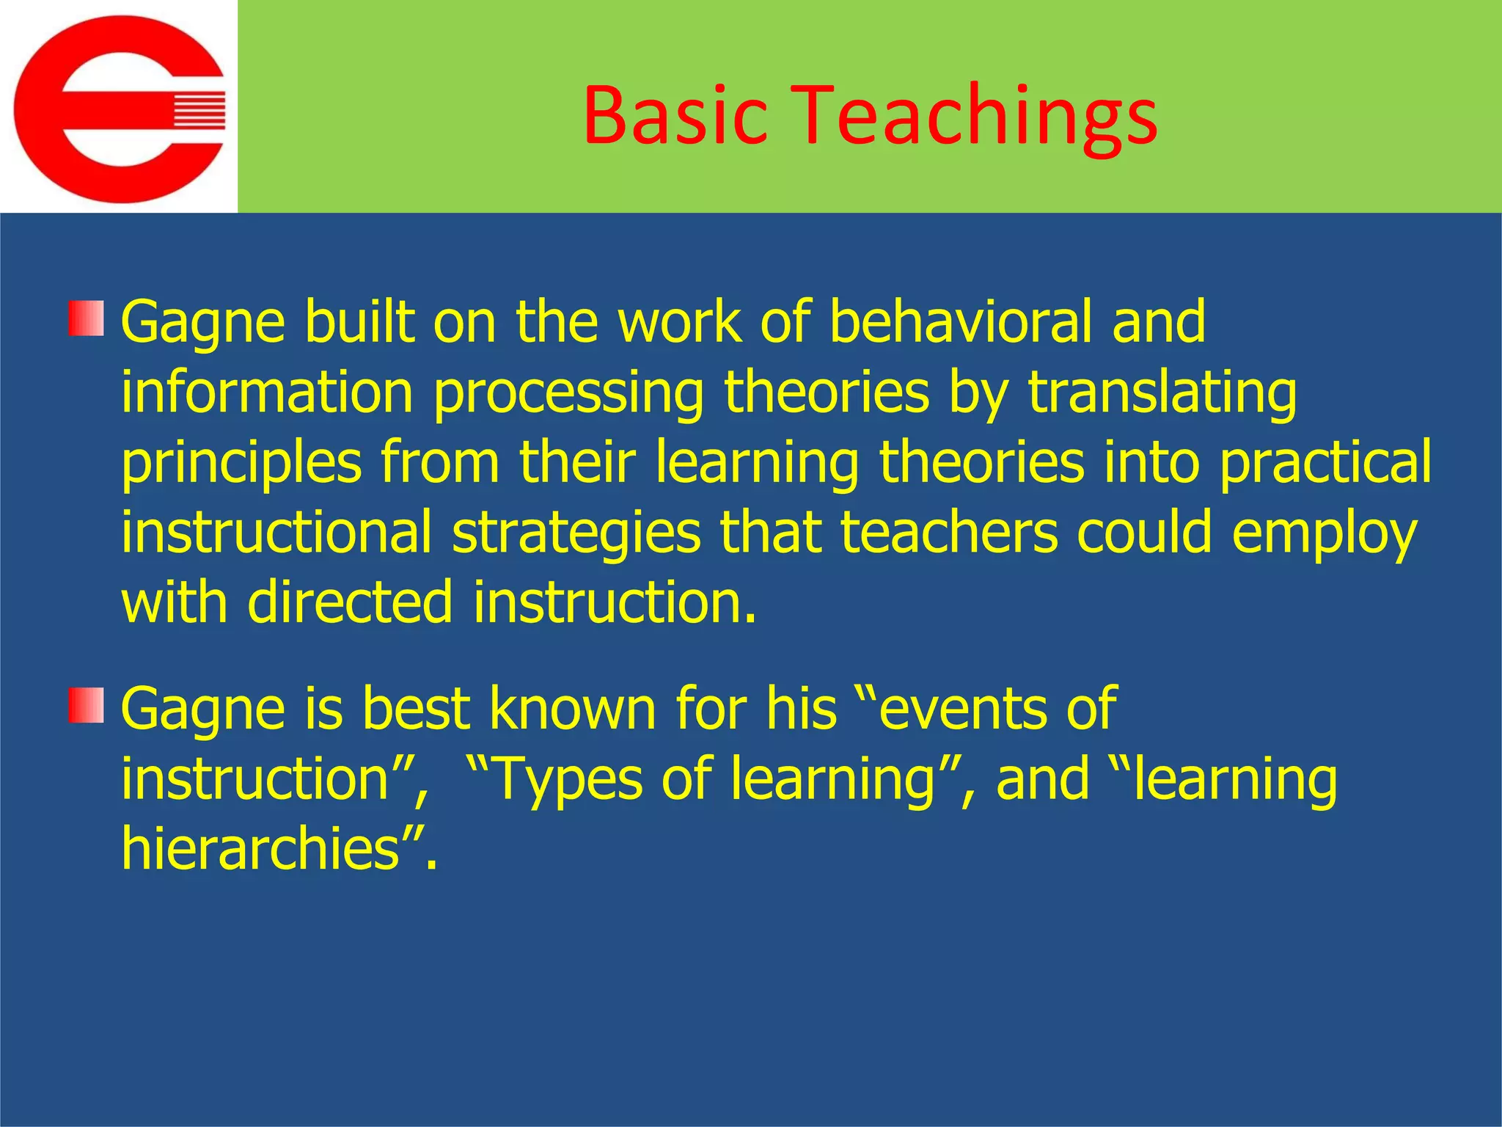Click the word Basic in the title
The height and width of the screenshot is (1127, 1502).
[x=675, y=116]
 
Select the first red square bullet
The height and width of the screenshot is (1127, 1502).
[x=87, y=318]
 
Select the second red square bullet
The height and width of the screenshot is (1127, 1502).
[x=87, y=705]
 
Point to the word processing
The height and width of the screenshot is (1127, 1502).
[x=568, y=393]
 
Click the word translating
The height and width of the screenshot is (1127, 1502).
[x=1162, y=393]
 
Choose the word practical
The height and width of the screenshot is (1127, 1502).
[x=1325, y=462]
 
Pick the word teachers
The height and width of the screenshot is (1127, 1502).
[x=949, y=533]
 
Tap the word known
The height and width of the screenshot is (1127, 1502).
[x=572, y=709]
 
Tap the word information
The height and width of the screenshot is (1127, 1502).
[x=268, y=393]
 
